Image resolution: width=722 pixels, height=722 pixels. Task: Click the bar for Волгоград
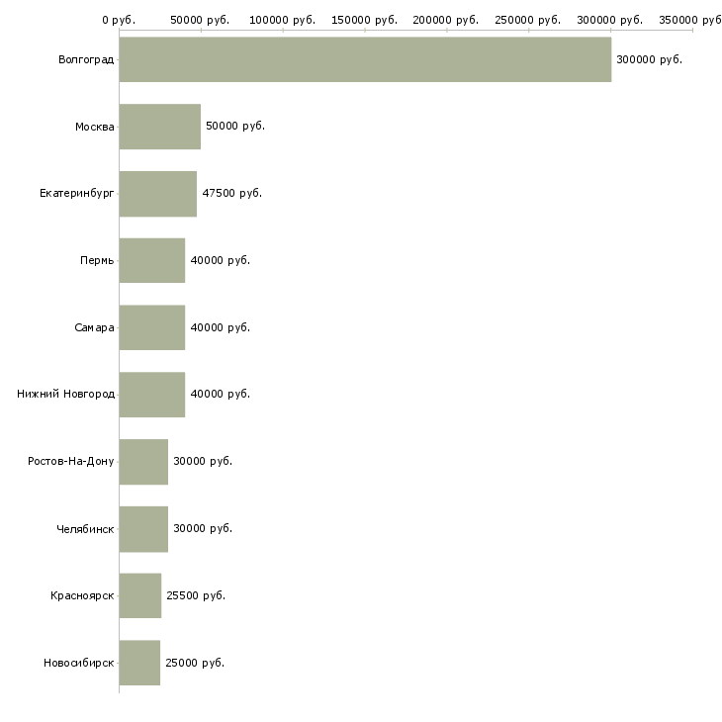tap(365, 59)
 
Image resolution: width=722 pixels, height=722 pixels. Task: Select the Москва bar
tap(160, 127)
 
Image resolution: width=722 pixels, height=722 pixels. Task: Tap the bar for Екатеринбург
tap(158, 194)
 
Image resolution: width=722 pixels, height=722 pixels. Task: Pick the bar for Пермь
tap(152, 261)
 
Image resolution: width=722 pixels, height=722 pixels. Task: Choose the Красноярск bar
tap(140, 595)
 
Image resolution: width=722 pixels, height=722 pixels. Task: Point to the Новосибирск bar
tap(139, 663)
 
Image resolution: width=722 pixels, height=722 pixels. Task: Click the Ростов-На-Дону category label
tap(71, 461)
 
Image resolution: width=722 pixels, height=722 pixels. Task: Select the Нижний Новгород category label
tap(66, 395)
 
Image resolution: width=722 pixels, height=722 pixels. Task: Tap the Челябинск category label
tap(85, 528)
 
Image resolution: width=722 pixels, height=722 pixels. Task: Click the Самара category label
tap(94, 327)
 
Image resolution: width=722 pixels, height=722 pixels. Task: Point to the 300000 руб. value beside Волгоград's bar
tap(649, 60)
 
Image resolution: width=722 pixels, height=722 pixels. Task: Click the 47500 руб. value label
tap(232, 194)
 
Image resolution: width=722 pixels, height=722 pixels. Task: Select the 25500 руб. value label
tap(196, 595)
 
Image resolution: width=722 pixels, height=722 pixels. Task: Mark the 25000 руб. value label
tap(195, 663)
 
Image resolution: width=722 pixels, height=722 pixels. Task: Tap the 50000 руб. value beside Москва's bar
tap(235, 127)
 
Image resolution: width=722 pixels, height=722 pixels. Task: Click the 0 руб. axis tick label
tap(119, 20)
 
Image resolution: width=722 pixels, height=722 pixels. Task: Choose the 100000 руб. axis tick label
tap(282, 20)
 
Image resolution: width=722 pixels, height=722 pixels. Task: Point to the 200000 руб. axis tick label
tap(446, 20)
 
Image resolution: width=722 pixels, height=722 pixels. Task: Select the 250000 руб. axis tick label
tap(528, 20)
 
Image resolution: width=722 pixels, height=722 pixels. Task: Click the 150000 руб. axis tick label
tap(364, 20)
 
